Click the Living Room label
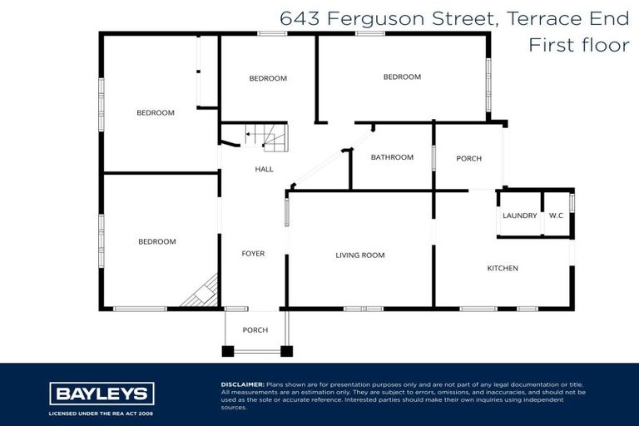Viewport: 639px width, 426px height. (x=360, y=255)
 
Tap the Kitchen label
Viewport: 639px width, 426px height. (x=503, y=268)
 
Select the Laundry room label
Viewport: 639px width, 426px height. (x=519, y=216)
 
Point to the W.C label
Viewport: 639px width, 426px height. (x=556, y=216)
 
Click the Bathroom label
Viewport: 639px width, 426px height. (x=392, y=157)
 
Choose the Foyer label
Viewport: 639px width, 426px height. (x=253, y=254)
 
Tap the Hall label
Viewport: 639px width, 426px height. (x=264, y=169)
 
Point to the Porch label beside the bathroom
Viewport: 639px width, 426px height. (x=468, y=158)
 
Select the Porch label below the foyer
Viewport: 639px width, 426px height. (x=255, y=330)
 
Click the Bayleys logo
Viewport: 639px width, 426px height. (x=102, y=394)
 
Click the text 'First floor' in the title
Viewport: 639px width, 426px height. (x=579, y=45)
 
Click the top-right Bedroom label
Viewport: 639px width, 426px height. (x=402, y=77)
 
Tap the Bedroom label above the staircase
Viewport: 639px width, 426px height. (x=268, y=78)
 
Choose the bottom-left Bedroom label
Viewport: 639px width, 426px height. (x=156, y=241)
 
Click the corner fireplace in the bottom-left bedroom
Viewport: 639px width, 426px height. (x=202, y=295)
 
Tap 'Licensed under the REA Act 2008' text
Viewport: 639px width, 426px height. (x=102, y=413)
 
